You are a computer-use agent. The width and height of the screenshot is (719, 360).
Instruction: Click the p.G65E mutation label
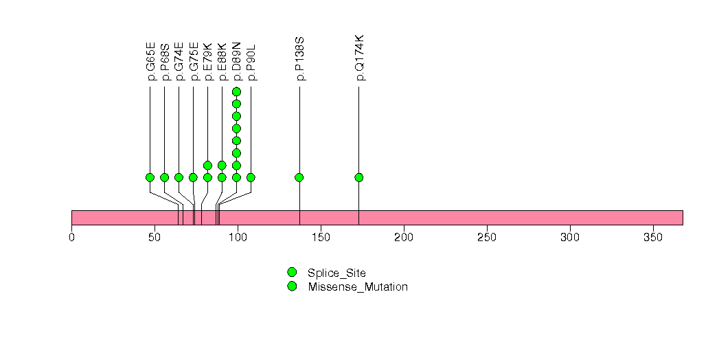pos(150,62)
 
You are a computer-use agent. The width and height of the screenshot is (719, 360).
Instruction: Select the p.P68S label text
pos(165,62)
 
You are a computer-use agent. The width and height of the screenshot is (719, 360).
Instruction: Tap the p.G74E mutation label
pos(179,62)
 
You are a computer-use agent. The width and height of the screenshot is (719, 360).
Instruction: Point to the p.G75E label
pos(194,62)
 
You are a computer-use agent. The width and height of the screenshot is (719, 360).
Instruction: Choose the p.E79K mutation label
pos(208,62)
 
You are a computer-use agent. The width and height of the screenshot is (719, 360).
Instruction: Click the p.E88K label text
pos(222,62)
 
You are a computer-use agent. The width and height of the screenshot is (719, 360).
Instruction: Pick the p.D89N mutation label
pos(237,62)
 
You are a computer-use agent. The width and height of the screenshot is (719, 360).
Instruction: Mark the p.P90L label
pos(251,62)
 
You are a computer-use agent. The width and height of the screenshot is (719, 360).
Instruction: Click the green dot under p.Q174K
pos(358,177)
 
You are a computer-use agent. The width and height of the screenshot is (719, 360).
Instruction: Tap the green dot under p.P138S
pos(299,177)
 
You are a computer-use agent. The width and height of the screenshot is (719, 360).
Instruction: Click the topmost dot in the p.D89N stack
pos(236,91)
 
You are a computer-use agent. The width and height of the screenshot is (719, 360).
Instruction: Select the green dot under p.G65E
pos(150,177)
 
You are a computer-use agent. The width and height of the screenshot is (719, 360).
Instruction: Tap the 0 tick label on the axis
pos(71,237)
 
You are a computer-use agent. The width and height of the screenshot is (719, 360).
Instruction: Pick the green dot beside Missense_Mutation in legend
pos(292,286)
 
